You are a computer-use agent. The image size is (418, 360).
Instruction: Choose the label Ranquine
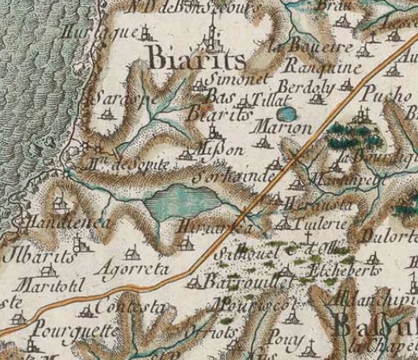coord(322,69)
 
